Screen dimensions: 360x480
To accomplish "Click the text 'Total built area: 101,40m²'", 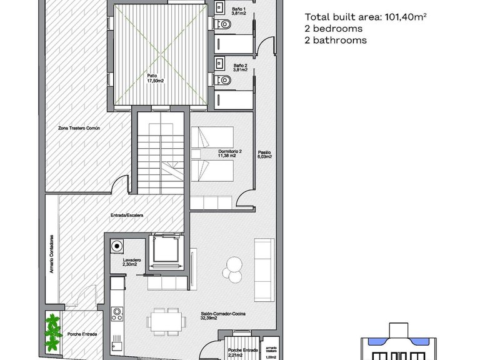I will (366, 17).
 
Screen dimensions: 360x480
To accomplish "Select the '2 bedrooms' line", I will (334, 29).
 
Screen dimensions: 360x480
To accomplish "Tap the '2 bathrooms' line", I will (336, 40).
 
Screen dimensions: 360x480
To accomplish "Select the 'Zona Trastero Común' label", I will (84, 127).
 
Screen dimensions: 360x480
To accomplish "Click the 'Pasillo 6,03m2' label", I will (264, 154).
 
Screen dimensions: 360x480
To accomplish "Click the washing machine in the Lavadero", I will (116, 246).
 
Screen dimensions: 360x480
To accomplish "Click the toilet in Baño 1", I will (225, 23).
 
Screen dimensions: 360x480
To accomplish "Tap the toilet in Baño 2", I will (225, 80).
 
